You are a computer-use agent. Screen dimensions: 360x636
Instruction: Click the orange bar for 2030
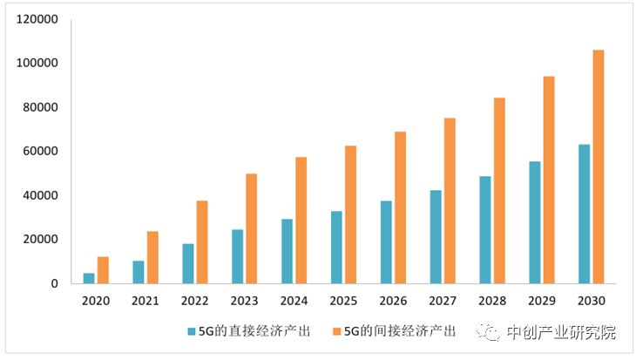(598, 166)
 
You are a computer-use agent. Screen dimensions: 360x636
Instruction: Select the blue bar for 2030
(584, 214)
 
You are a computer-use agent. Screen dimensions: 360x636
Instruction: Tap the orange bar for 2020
(103, 270)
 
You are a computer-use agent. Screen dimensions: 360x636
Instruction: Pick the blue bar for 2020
(89, 278)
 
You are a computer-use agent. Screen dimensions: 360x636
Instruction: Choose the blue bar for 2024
(287, 251)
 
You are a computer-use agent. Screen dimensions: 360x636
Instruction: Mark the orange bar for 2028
(499, 190)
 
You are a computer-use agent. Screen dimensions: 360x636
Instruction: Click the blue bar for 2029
(534, 222)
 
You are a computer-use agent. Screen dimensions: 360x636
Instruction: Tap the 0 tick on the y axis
(53, 283)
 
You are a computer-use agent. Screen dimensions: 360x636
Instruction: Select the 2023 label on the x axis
(244, 302)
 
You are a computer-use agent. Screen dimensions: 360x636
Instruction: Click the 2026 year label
(393, 302)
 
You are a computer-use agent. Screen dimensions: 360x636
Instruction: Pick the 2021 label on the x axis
(145, 302)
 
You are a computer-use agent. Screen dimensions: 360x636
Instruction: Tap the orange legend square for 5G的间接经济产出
(337, 332)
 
